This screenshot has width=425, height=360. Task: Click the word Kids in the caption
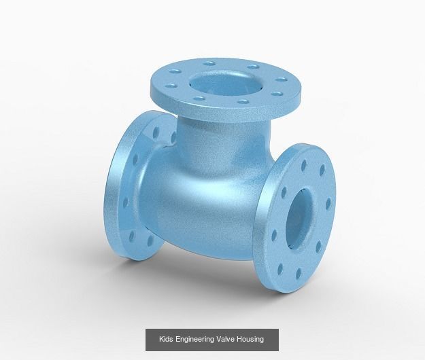point(167,339)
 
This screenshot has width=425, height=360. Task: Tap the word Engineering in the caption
point(194,339)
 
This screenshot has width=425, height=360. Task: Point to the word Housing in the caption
point(250,339)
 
